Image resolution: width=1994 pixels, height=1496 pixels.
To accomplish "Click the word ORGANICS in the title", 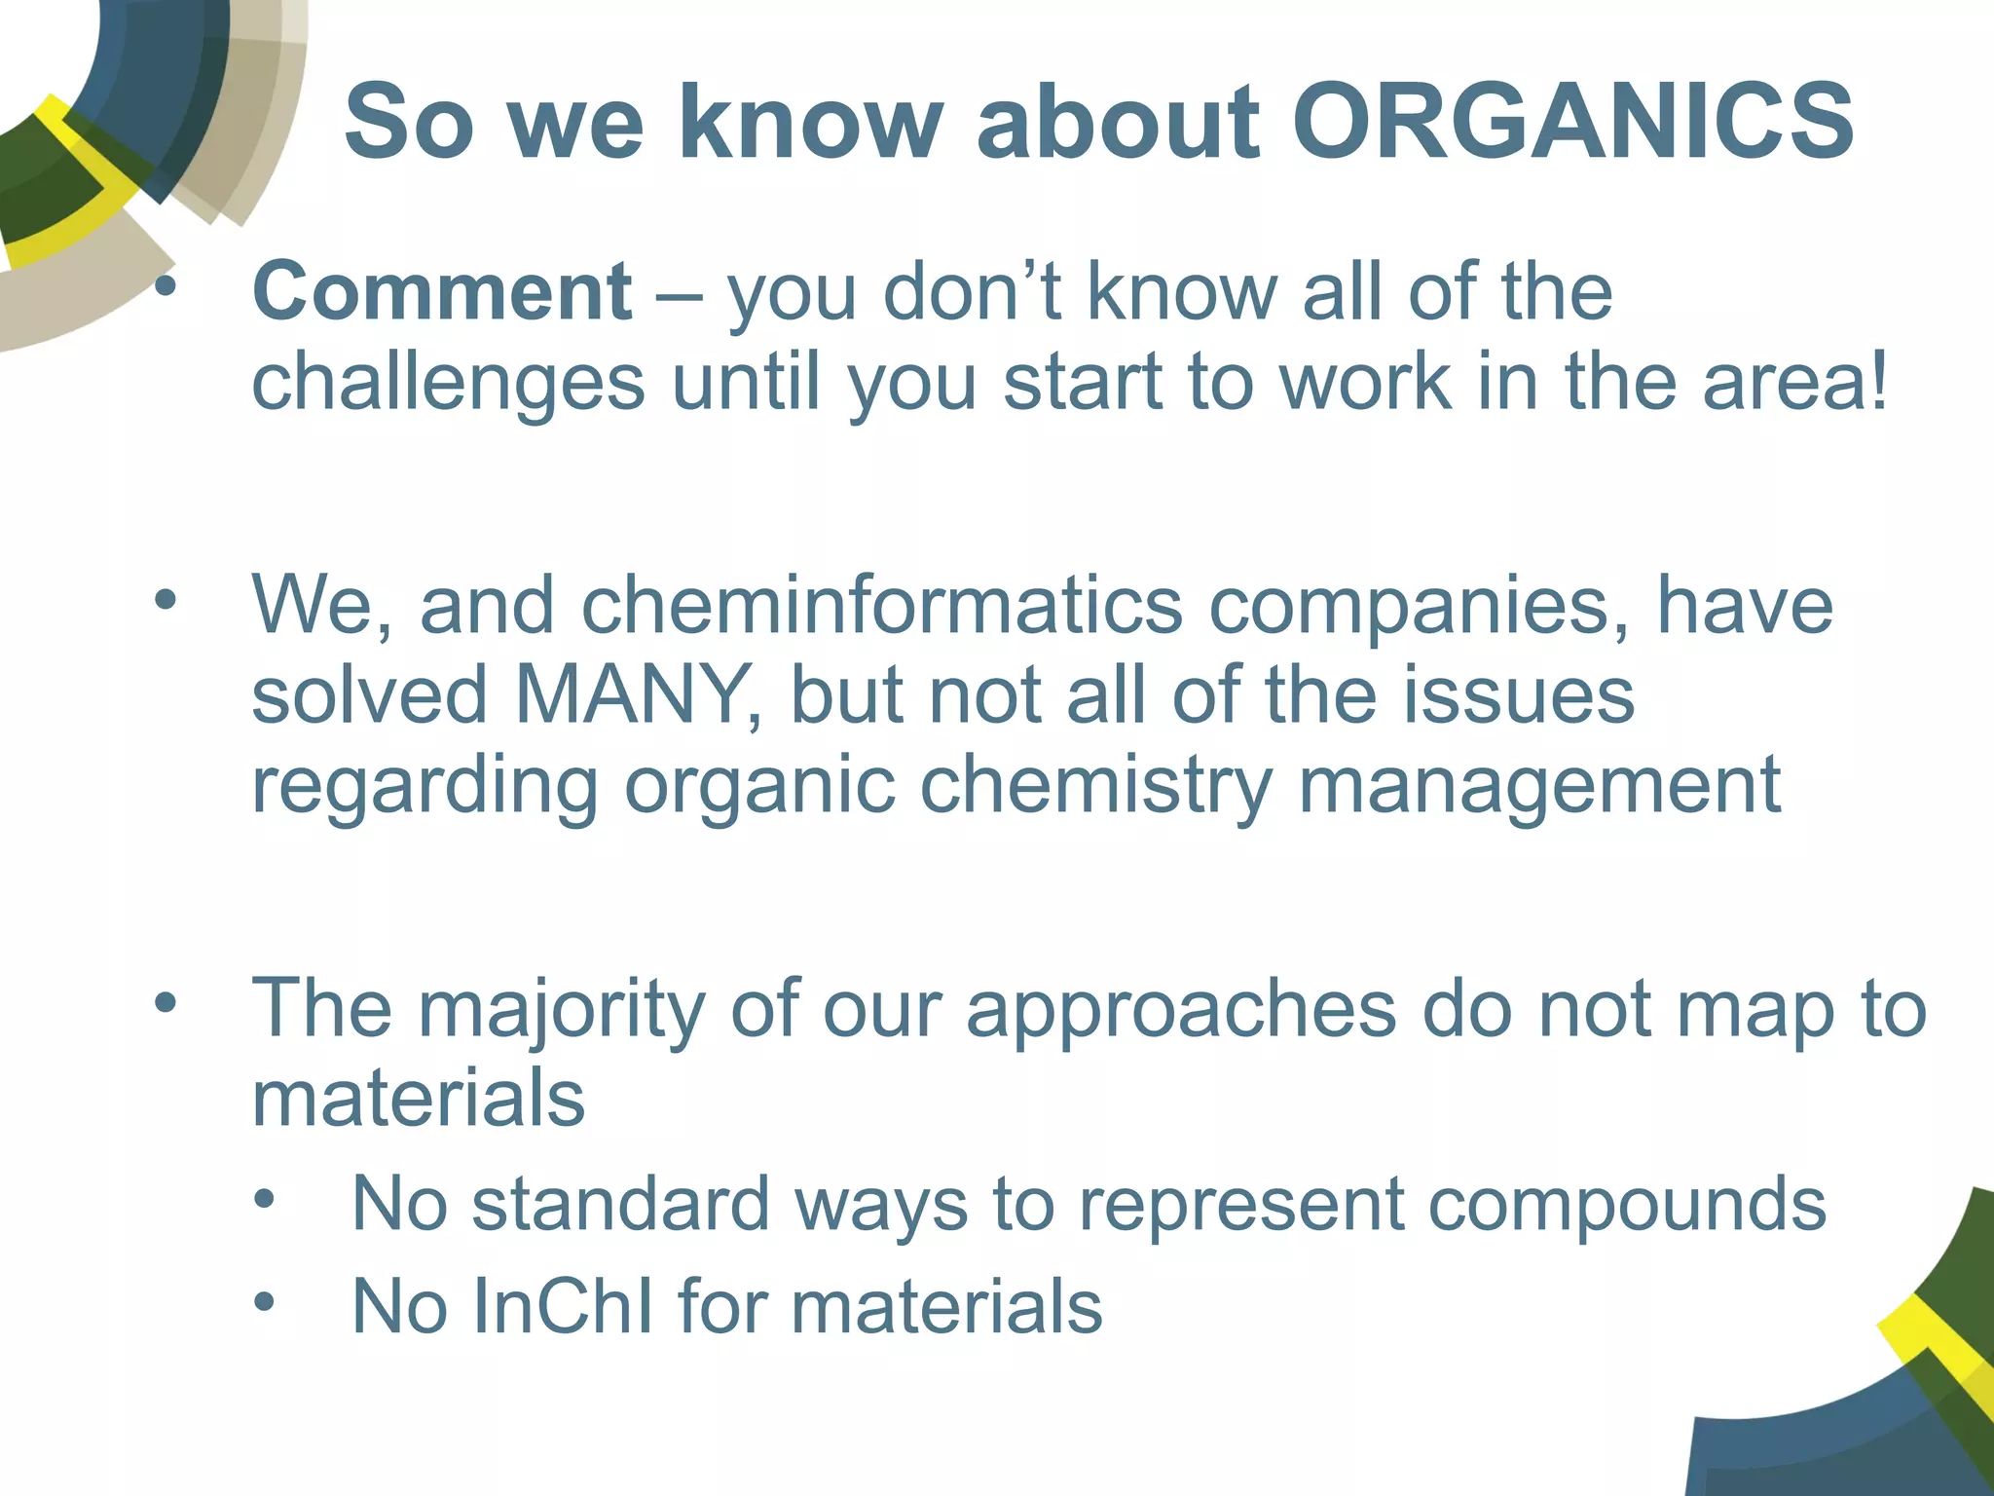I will [1572, 123].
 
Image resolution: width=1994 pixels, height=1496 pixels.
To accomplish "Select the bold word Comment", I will [442, 291].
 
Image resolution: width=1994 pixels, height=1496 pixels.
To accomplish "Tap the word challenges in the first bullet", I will [448, 382].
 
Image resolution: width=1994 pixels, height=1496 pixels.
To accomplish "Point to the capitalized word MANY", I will [630, 695].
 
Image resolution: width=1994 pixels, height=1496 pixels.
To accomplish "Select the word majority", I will [562, 1009].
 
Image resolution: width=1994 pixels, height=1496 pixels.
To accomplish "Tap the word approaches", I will [1181, 1009].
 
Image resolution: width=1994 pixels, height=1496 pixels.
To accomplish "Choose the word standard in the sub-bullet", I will [621, 1205].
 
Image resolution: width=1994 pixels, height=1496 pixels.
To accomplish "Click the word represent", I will [1241, 1205].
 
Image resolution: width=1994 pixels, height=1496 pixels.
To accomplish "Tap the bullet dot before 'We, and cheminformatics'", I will [166, 599].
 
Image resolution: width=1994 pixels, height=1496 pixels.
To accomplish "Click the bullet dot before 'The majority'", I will [166, 1002].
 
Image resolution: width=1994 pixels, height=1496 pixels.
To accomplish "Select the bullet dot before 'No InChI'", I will [264, 1301].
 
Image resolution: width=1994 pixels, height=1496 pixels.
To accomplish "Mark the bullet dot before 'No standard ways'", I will [264, 1199].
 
